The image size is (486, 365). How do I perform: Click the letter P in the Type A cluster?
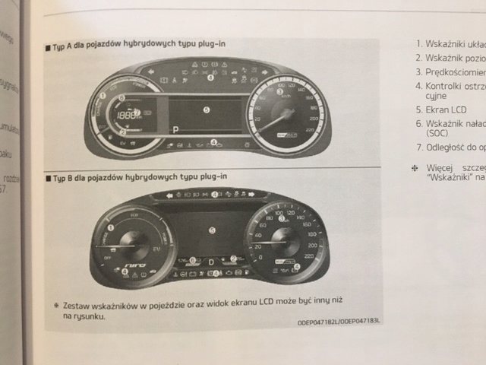click(x=175, y=130)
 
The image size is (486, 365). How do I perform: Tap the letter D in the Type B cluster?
click(x=211, y=261)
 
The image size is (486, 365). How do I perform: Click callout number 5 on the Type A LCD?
click(x=205, y=109)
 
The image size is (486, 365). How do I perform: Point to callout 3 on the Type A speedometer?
click(x=279, y=91)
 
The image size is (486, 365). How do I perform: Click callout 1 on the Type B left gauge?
click(x=111, y=227)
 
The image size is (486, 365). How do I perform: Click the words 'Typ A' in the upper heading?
click(x=64, y=45)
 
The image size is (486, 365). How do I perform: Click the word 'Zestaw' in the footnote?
click(x=79, y=303)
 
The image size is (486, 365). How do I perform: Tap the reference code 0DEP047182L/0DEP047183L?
click(x=340, y=322)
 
